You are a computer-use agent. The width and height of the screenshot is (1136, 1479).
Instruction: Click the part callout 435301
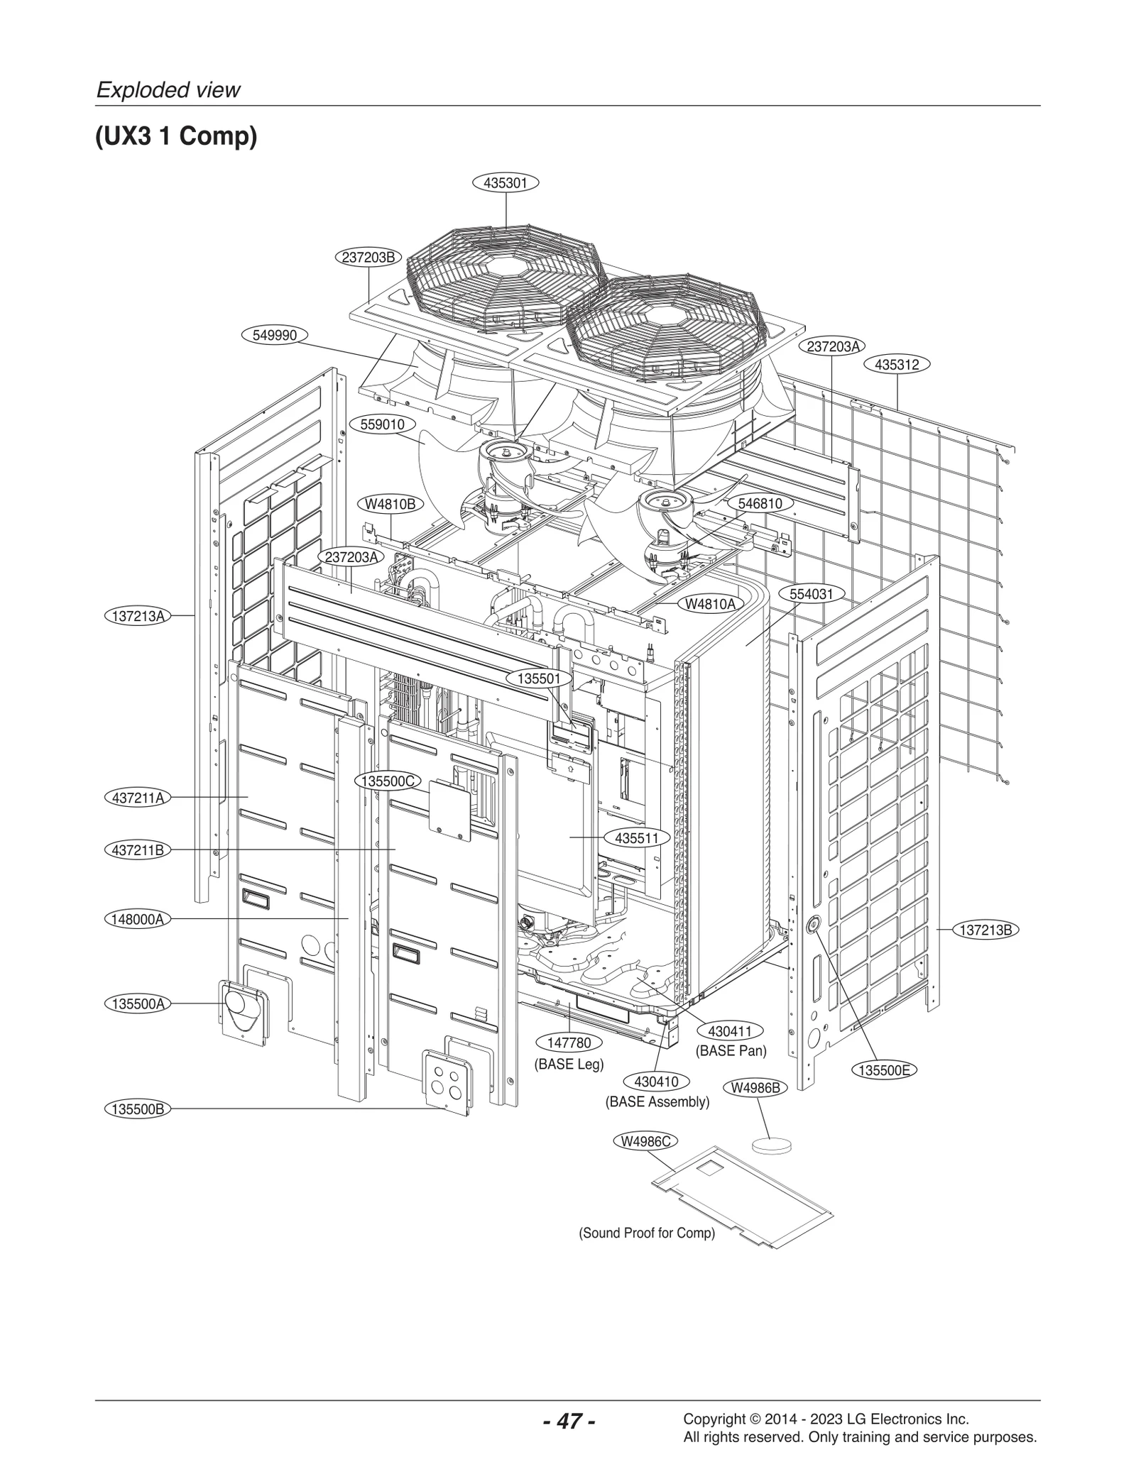[x=506, y=183]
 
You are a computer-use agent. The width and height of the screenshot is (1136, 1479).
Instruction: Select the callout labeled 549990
[x=275, y=335]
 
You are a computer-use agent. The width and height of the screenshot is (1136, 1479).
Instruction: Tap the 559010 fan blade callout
[x=383, y=424]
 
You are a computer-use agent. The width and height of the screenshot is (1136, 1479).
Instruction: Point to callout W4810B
[x=390, y=504]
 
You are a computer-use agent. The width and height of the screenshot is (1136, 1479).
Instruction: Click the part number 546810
[x=760, y=503]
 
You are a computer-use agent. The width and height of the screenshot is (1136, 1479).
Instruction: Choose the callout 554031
[x=811, y=594]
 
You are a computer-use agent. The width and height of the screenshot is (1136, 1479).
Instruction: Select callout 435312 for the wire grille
[x=897, y=365]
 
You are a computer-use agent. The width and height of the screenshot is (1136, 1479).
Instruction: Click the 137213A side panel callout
[x=138, y=616]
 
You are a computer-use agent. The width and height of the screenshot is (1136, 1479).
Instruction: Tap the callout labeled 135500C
[x=388, y=781]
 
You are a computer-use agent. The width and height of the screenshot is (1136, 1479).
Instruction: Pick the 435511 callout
[x=637, y=838]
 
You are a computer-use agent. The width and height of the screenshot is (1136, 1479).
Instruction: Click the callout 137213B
[x=985, y=930]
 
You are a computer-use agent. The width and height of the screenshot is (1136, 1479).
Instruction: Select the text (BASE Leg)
[x=569, y=1065]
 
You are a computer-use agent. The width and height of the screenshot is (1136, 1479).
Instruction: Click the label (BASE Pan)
[x=731, y=1050]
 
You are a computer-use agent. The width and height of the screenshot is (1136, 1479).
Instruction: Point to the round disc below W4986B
[x=772, y=1144]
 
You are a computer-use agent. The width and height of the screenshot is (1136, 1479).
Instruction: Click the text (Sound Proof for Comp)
[x=647, y=1233]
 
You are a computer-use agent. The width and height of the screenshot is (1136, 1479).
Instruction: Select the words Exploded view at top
[x=168, y=90]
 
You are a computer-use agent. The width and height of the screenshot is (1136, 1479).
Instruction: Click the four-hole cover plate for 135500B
[x=447, y=1081]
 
